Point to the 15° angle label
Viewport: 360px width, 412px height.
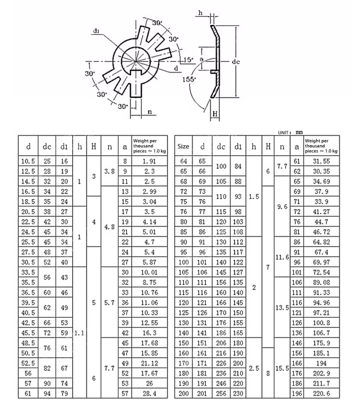pyautogui.click(x=187, y=60)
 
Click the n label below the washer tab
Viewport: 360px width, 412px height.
pyautogui.click(x=149, y=112)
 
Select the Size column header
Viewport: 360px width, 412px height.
pyautogui.click(x=183, y=147)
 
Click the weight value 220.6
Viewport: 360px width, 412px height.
pyautogui.click(x=322, y=393)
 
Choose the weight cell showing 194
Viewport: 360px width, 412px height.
pyautogui.click(x=322, y=364)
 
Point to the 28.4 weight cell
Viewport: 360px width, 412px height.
pyautogui.click(x=149, y=393)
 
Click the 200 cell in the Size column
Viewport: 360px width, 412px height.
pyautogui.click(x=183, y=393)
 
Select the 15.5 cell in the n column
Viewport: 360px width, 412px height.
pyautogui.click(x=282, y=369)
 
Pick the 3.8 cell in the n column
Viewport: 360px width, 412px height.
pyautogui.click(x=110, y=172)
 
